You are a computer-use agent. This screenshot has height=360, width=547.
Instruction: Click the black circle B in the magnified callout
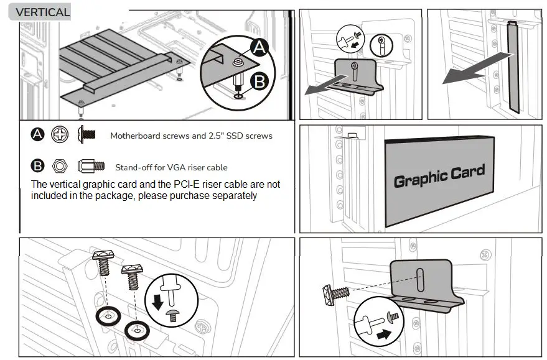click(259, 81)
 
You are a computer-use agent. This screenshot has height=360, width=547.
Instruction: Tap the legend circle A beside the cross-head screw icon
click(38, 134)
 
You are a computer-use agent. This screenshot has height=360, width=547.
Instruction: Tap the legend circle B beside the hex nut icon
click(38, 166)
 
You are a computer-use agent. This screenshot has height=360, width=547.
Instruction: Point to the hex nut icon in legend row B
click(60, 166)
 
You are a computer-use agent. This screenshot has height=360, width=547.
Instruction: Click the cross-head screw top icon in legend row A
click(60, 134)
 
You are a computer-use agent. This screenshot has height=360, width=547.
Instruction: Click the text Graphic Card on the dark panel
click(439, 177)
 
